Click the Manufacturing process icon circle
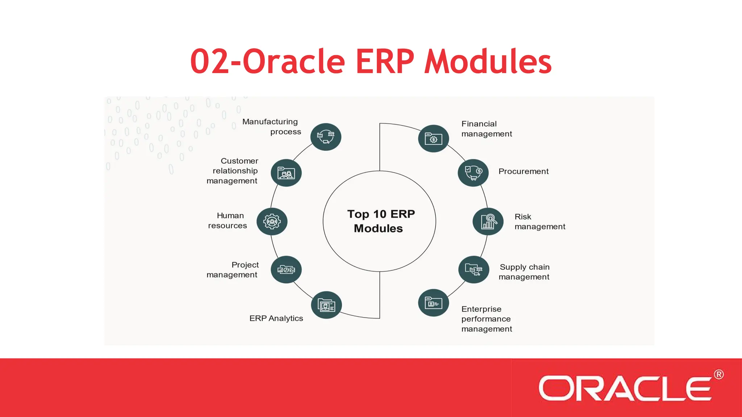(x=326, y=137)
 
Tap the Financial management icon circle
(x=433, y=139)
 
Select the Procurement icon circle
(x=473, y=173)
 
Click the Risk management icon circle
(x=488, y=222)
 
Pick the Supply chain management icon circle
(x=474, y=270)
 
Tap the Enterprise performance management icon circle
(x=433, y=303)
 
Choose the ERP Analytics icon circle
(x=326, y=305)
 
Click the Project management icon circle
(x=286, y=270)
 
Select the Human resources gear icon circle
(x=272, y=222)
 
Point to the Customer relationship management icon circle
(x=286, y=173)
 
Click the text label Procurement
(x=523, y=172)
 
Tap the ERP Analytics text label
(x=276, y=319)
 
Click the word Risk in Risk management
(x=523, y=217)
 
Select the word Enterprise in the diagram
(x=481, y=309)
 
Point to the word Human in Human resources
(x=230, y=216)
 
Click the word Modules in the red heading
(x=488, y=62)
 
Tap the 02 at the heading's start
(x=209, y=62)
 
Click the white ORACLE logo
(x=625, y=388)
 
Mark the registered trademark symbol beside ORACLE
(x=719, y=374)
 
